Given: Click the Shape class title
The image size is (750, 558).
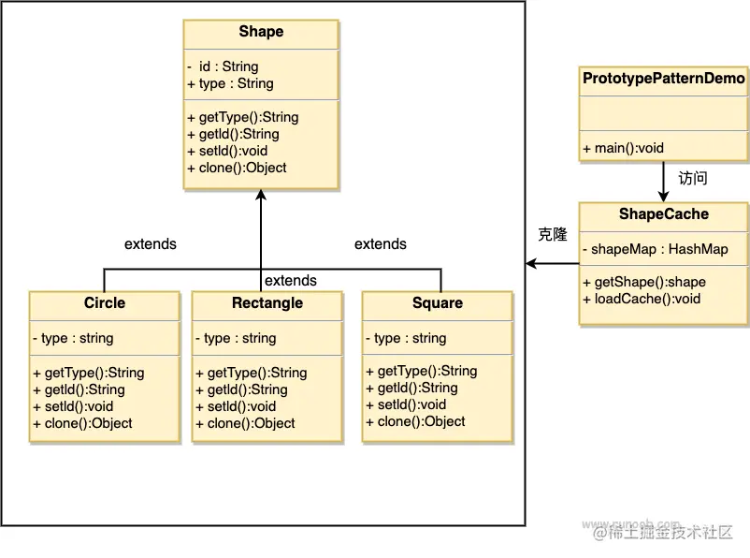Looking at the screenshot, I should point(261,32).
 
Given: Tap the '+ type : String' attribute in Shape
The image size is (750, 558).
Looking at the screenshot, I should point(230,83).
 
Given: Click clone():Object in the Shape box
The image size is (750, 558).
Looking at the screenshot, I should point(237,168).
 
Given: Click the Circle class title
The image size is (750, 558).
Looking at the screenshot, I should point(104,303).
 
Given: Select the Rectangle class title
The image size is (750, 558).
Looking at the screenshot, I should point(267,303).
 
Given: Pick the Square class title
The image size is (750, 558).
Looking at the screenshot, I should point(438,303).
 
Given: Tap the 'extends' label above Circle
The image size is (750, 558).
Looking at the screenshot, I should point(151,244).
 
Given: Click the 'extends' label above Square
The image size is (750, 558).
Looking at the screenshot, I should point(381,244).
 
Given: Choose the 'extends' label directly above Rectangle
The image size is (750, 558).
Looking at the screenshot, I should point(291,281).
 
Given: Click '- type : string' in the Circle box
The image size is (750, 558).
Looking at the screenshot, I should point(73,338).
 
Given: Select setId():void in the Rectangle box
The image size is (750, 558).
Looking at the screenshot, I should point(236,406).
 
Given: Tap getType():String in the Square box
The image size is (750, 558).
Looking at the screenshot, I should point(421,371).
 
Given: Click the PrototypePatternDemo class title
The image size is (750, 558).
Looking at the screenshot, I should point(664,80).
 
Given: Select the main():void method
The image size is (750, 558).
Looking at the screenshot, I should point(623,148).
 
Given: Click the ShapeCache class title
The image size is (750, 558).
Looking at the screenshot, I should point(664,214).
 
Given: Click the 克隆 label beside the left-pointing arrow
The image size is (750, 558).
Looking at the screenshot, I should point(553,235).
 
